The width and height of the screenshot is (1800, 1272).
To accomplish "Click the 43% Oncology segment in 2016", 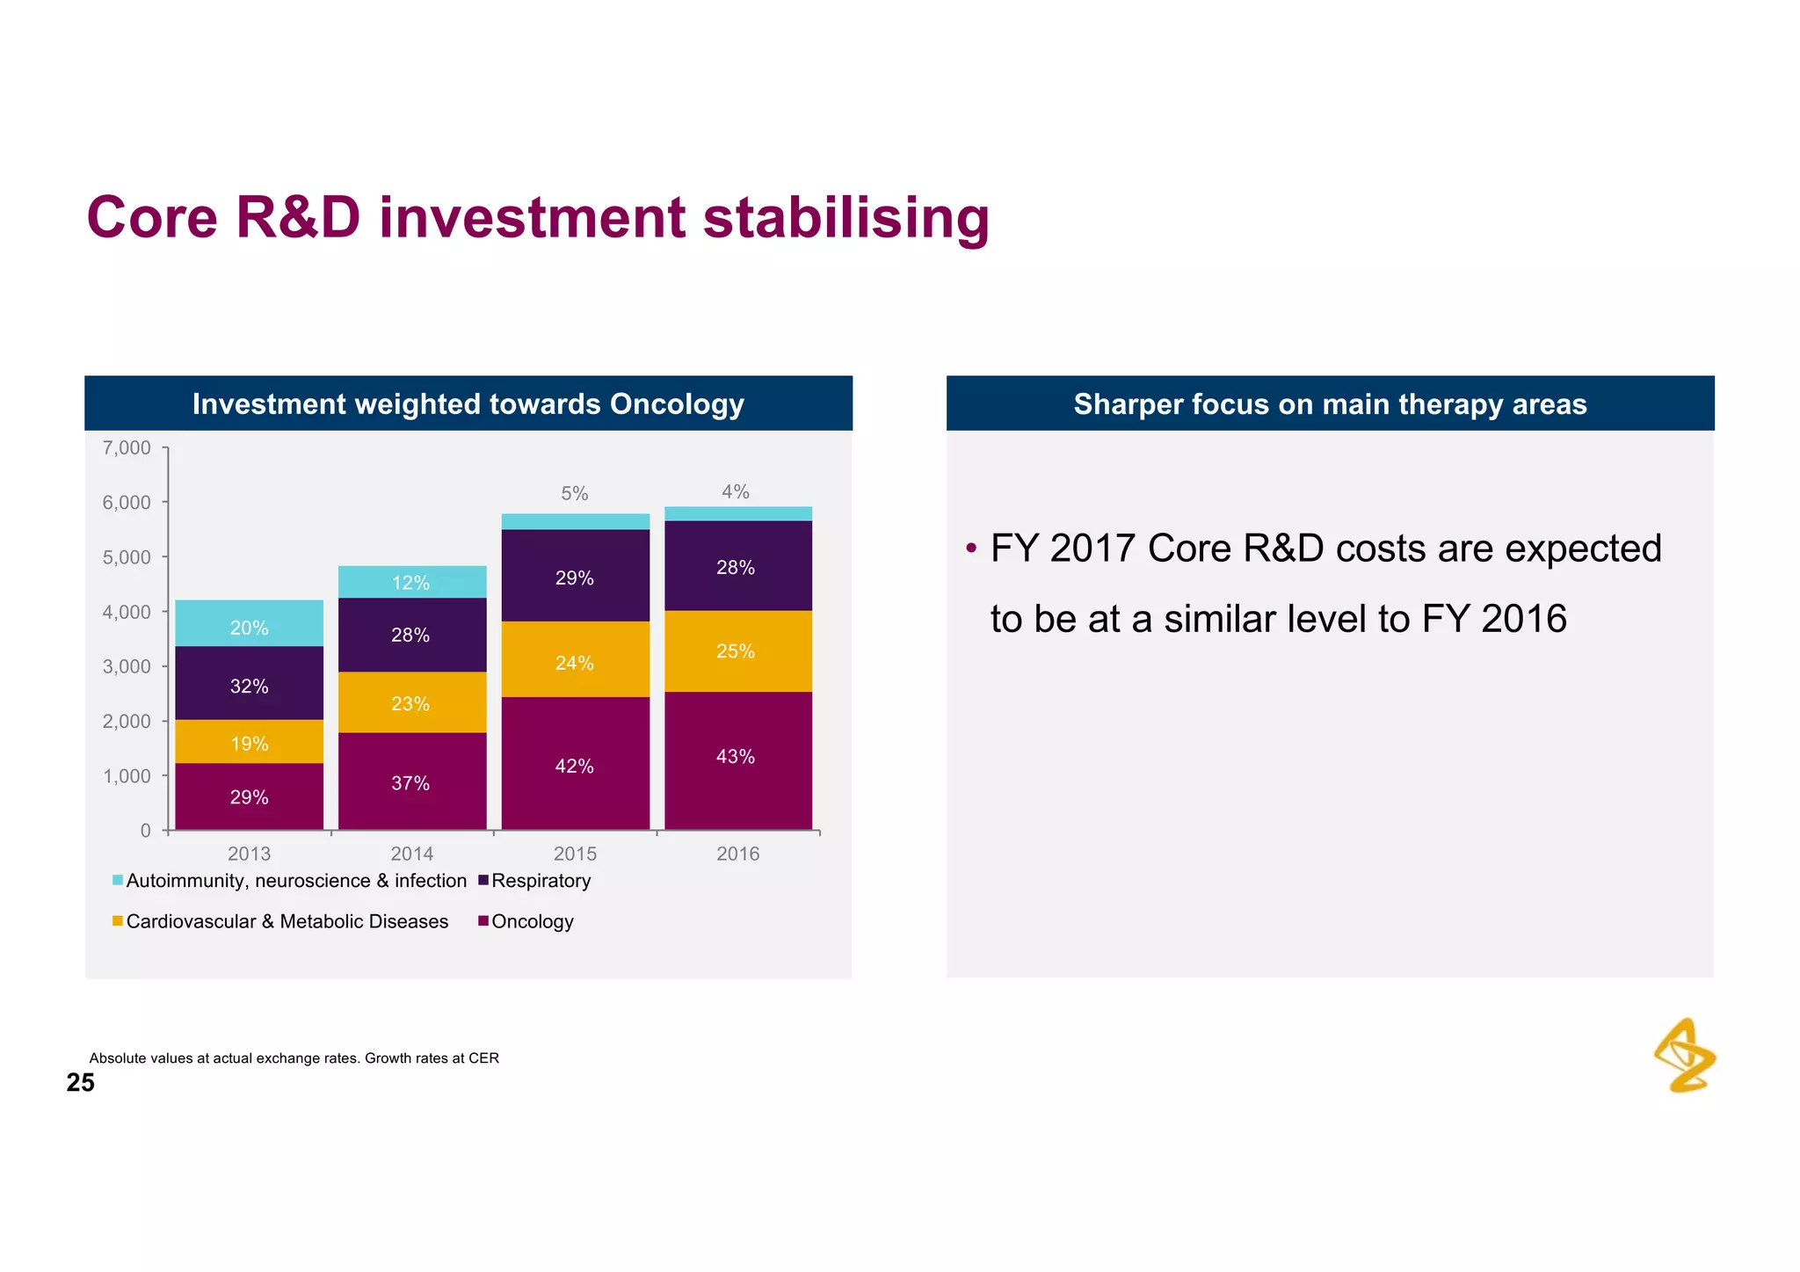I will (737, 759).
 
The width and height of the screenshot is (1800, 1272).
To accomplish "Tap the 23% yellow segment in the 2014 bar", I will (411, 702).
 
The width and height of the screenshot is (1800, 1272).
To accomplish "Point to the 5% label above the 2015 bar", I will (575, 494).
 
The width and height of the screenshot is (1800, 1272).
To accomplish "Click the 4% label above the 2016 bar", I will (736, 492).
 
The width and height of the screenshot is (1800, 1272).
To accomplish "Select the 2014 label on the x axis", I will (411, 854).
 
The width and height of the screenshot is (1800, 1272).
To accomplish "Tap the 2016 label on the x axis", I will (737, 854).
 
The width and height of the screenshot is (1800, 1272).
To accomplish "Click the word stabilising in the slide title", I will (846, 218).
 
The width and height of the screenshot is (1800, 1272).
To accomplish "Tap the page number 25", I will (80, 1083).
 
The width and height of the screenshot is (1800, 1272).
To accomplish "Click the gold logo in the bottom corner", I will (1685, 1055).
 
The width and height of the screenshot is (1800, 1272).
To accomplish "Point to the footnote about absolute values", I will (294, 1058).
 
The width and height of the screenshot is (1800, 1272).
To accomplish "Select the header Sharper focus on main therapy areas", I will (1330, 404).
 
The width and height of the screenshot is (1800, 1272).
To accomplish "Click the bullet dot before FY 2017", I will (970, 549).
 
